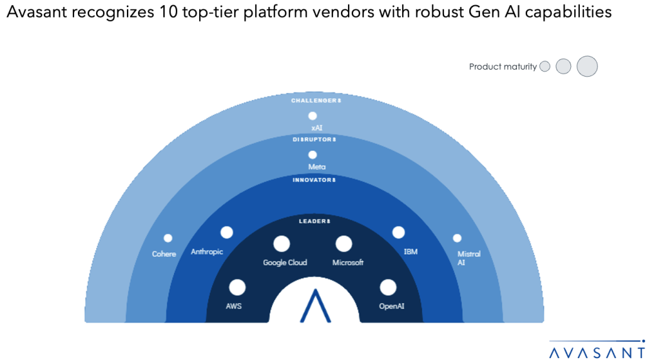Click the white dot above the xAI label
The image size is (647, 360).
(312, 116)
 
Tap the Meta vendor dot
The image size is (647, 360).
(312, 155)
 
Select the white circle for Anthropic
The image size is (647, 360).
(227, 232)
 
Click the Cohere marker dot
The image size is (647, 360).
(168, 238)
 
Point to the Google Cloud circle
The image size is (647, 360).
(281, 244)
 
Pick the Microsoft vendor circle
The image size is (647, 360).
(343, 244)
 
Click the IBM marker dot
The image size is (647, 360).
(398, 232)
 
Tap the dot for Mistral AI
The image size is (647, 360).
(457, 238)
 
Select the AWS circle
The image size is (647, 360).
(237, 287)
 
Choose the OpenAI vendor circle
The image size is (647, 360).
(388, 287)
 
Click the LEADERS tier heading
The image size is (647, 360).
(314, 221)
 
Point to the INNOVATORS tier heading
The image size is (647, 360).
(314, 180)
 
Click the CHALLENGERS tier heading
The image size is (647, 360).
(315, 101)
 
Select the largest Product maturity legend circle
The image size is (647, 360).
(587, 66)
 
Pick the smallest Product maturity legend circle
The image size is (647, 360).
(545, 67)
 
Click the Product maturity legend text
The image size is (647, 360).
(503, 67)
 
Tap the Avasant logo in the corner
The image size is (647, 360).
(596, 351)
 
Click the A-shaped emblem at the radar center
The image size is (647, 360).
(316, 306)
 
